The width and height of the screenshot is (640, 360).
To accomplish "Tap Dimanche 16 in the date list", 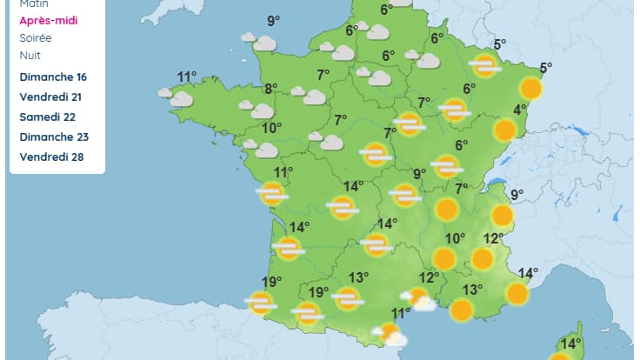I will pyautogui.click(x=53, y=77).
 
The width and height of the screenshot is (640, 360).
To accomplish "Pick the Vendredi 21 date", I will pyautogui.click(x=53, y=97).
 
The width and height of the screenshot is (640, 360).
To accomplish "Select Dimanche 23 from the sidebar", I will pyautogui.click(x=54, y=137).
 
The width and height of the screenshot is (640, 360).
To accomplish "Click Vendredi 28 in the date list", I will pyautogui.click(x=54, y=157).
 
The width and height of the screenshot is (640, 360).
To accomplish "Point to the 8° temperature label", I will pyautogui.click(x=271, y=88).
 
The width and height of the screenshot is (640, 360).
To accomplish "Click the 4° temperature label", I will pyautogui.click(x=520, y=110).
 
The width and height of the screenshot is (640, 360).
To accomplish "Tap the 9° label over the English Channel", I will pyautogui.click(x=274, y=21).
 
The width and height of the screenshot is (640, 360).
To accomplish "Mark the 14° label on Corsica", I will pyautogui.click(x=570, y=343).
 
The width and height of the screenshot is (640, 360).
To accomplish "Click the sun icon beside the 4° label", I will pyautogui.click(x=505, y=130).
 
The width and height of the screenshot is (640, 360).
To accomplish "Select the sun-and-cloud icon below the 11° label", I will pyautogui.click(x=390, y=334).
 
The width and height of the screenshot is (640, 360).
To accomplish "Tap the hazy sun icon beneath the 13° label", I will pyautogui.click(x=348, y=299).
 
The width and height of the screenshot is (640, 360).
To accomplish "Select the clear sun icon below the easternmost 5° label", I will pyautogui.click(x=531, y=88).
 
